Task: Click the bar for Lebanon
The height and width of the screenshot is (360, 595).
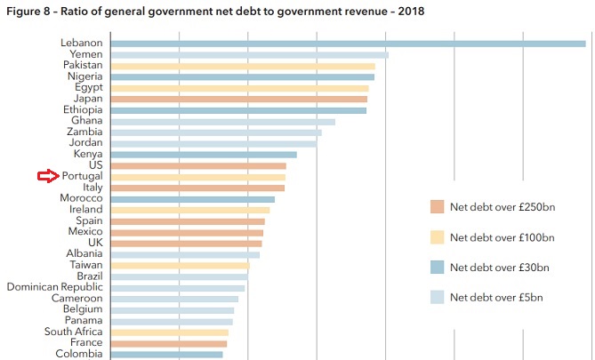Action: [347, 43]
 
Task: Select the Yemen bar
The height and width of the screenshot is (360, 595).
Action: [248, 54]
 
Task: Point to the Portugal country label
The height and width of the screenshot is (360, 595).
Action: [82, 177]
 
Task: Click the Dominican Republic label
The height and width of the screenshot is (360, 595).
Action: [54, 287]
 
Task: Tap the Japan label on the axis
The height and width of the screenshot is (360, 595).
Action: [87, 99]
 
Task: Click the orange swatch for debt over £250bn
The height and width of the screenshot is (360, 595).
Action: [436, 207]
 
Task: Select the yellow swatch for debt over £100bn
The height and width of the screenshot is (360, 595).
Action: [436, 237]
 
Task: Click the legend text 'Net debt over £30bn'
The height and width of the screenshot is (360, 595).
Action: [500, 267]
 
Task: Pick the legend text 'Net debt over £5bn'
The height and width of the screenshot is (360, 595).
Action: [496, 297]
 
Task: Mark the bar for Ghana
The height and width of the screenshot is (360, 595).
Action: [221, 121]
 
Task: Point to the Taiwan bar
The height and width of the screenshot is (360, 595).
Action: [179, 265]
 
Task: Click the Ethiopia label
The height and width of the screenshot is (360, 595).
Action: [82, 110]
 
